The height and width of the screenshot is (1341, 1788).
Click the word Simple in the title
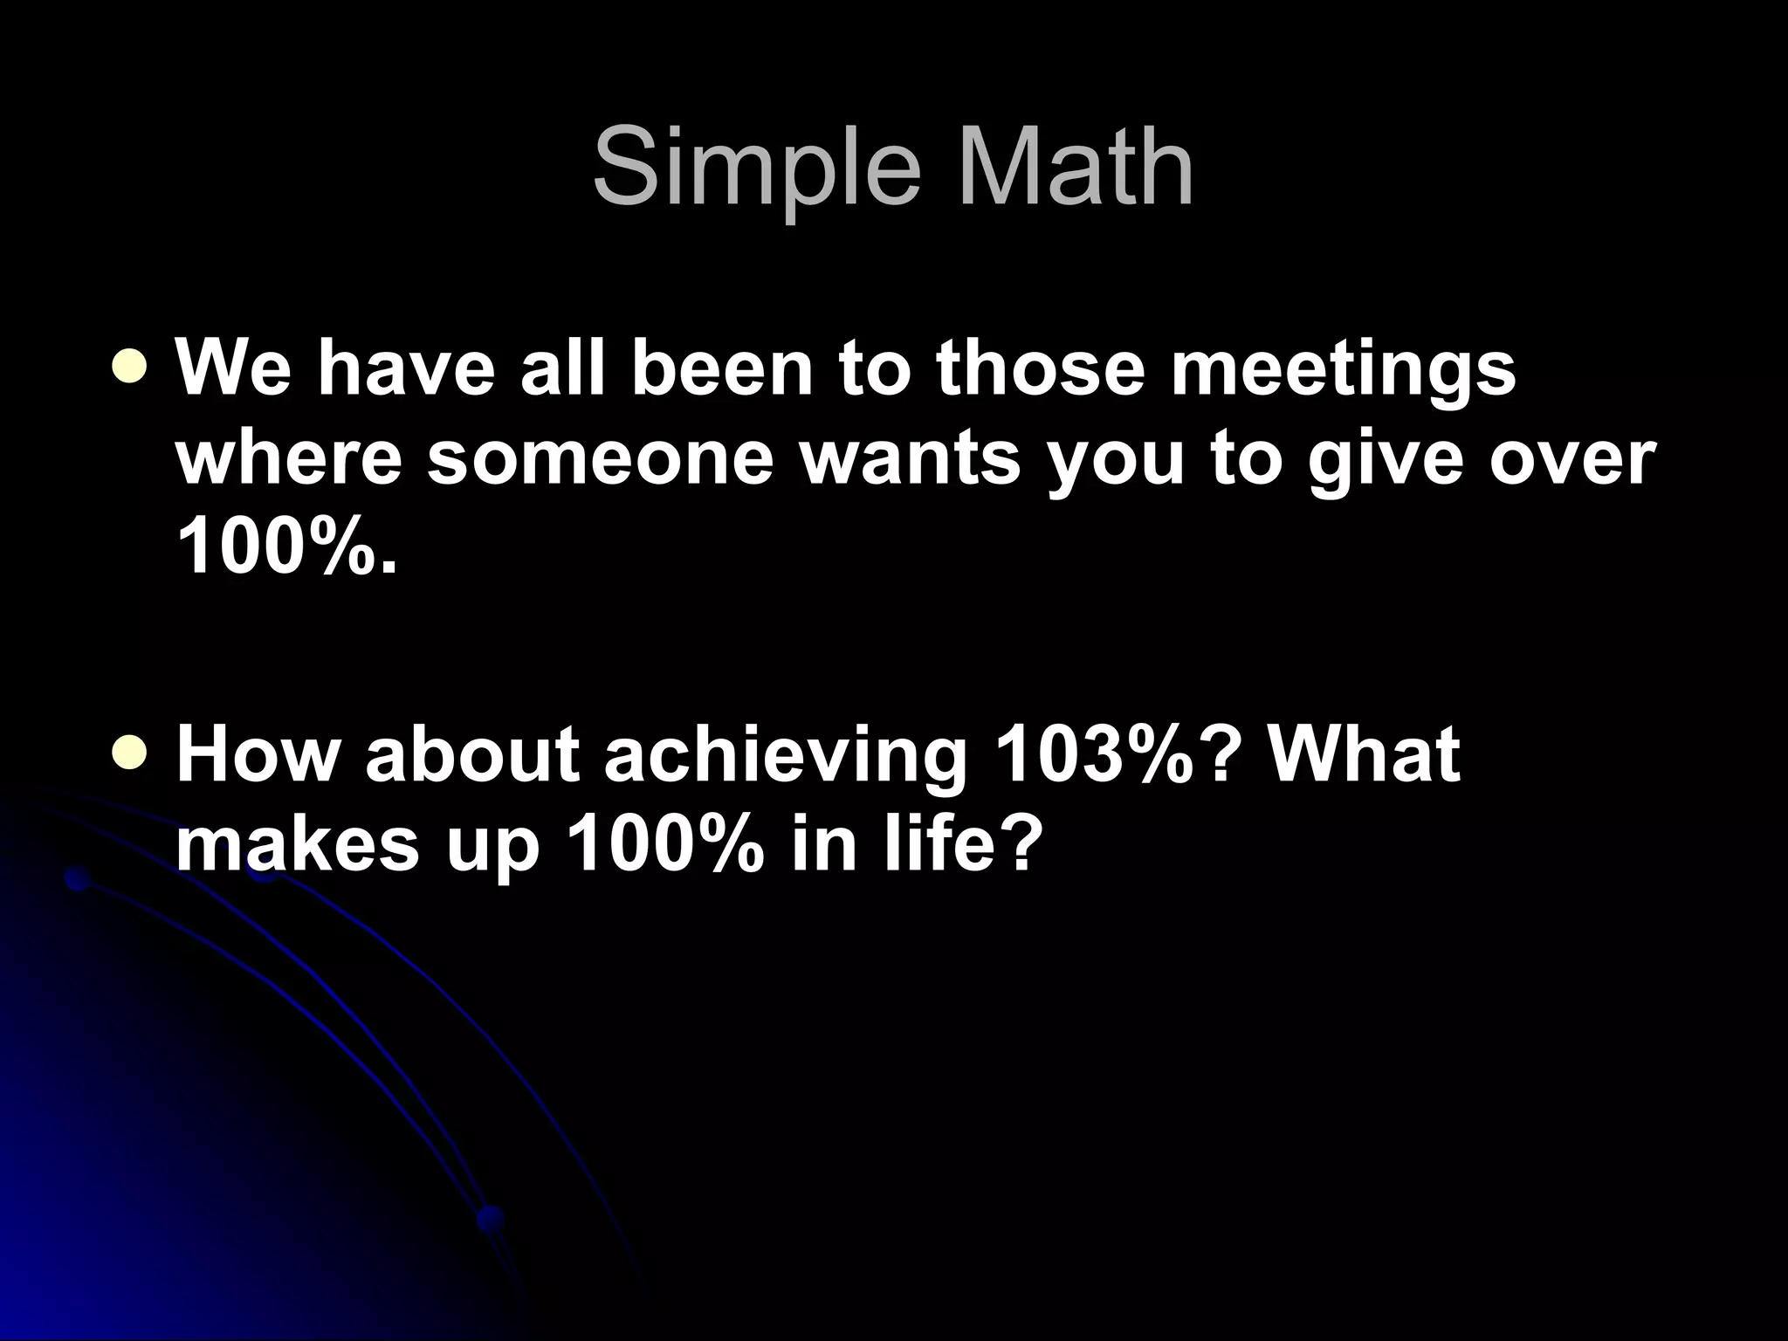(756, 168)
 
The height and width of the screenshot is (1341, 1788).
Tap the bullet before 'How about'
(130, 753)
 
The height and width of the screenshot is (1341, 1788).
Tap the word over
(1570, 460)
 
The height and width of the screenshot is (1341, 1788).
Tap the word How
(256, 753)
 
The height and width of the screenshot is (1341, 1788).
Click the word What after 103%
(1364, 753)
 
